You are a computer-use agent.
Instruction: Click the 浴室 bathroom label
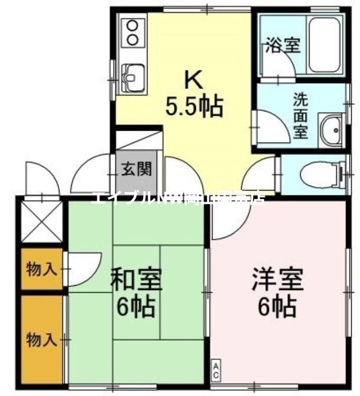(283, 46)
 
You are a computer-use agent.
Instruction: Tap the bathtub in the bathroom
(325, 45)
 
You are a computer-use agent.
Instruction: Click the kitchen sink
(132, 78)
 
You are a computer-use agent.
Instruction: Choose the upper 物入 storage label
(41, 270)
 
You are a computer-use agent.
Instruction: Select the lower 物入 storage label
(41, 340)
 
